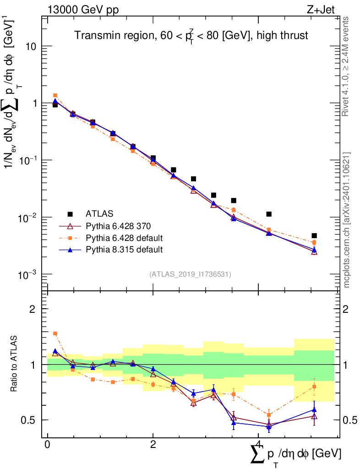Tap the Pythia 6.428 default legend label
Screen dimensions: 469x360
point(124,238)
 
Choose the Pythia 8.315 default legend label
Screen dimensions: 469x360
point(124,250)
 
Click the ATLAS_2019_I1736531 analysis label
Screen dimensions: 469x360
point(190,274)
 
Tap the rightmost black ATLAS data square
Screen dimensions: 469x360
point(314,236)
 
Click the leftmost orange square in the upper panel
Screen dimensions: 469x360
point(55,95)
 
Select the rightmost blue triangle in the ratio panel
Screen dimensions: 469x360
point(314,409)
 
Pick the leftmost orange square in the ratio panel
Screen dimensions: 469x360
point(55,333)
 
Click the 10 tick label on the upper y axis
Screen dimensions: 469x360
point(30,47)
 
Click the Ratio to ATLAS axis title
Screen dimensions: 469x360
point(15,365)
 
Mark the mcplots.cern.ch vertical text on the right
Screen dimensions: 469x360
point(348,220)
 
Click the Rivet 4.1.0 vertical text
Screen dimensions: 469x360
point(348,66)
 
